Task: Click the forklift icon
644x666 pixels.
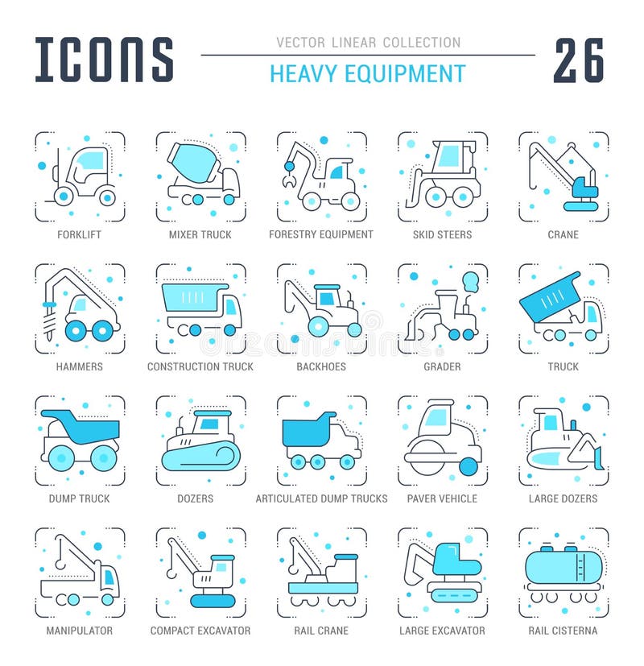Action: click(x=80, y=176)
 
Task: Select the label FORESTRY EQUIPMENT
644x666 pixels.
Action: click(x=321, y=234)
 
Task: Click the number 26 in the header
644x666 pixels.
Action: click(x=578, y=60)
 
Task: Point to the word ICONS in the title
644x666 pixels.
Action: click(x=105, y=60)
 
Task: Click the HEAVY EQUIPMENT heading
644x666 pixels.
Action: click(x=367, y=74)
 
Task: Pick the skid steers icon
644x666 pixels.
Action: click(x=443, y=176)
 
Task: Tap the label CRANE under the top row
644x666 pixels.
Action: click(x=563, y=234)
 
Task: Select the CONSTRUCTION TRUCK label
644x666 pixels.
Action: click(x=200, y=366)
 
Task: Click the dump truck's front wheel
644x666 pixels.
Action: click(x=104, y=457)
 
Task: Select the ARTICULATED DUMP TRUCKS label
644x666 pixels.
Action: click(x=321, y=498)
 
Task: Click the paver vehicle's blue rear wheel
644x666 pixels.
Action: click(x=469, y=466)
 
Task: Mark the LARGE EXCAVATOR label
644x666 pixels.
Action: click(x=442, y=631)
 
